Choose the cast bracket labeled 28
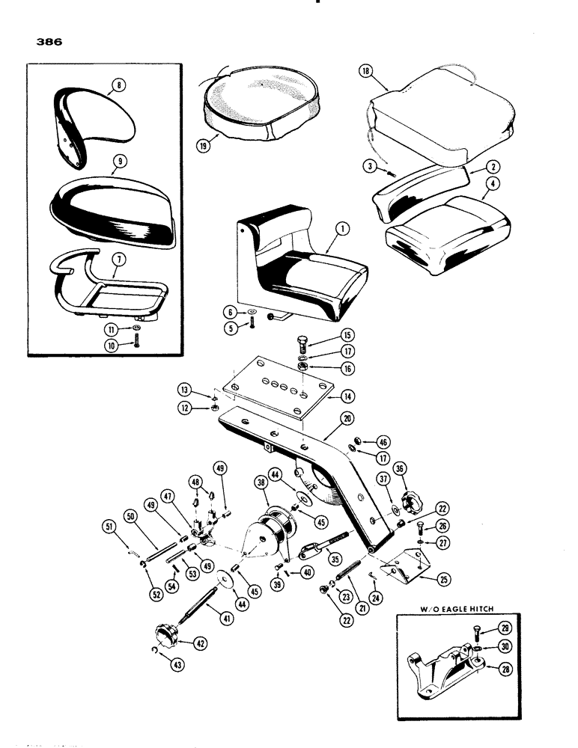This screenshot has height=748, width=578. [442, 667]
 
